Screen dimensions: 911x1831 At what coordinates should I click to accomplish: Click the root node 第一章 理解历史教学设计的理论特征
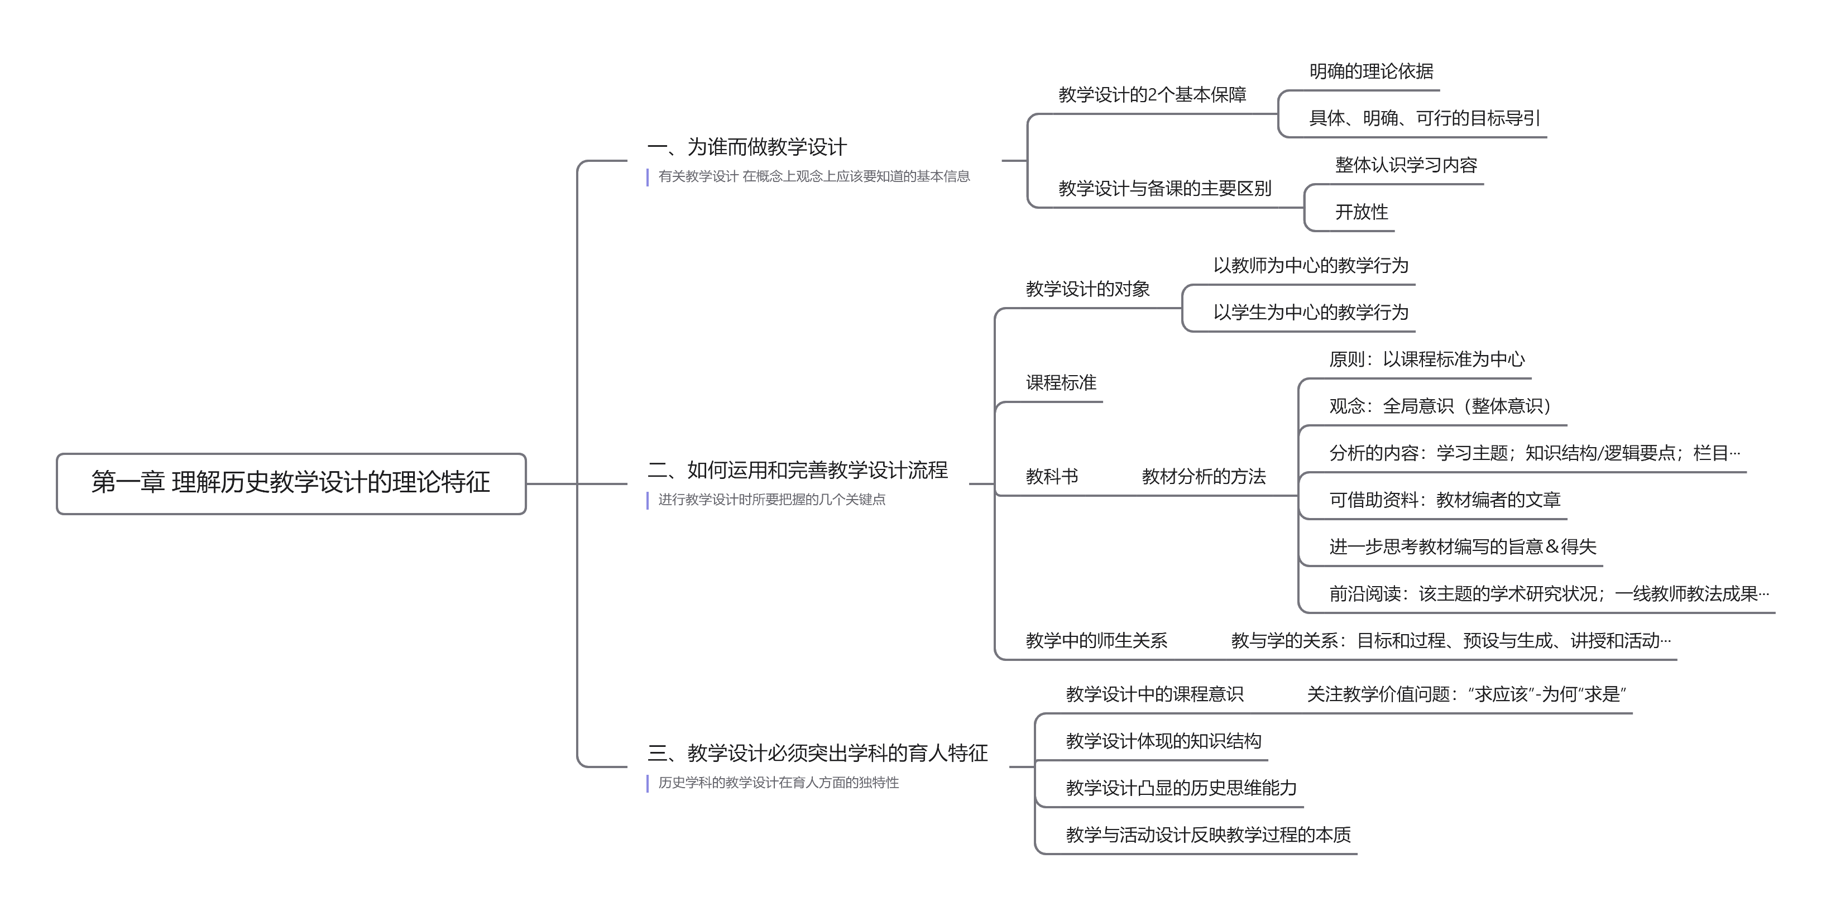(x=291, y=482)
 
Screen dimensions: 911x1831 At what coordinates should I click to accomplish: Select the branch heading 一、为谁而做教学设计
(x=746, y=147)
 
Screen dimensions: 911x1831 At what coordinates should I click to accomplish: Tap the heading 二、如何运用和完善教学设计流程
(x=797, y=469)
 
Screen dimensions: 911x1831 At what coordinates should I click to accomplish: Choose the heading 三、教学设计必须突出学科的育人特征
(x=817, y=752)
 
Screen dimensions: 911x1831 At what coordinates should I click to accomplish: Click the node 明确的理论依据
(x=1370, y=71)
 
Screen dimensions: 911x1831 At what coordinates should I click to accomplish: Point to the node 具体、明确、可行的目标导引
(x=1423, y=118)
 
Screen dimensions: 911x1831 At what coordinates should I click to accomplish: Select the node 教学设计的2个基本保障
(x=1152, y=94)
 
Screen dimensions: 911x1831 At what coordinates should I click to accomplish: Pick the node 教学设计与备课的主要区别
(x=1164, y=188)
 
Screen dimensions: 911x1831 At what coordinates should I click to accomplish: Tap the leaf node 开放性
(x=1361, y=212)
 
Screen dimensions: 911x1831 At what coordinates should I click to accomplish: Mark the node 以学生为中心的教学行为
(x=1310, y=312)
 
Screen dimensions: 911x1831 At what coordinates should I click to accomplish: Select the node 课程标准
(x=1061, y=383)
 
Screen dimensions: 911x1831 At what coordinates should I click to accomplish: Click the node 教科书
(x=1051, y=476)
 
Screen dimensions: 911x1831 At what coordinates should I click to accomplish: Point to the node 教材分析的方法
(x=1204, y=476)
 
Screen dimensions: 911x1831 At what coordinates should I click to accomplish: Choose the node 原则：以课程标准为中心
(x=1426, y=359)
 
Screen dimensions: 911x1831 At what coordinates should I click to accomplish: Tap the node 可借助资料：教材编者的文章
(x=1444, y=500)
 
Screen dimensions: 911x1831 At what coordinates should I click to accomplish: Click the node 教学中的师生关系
(x=1096, y=640)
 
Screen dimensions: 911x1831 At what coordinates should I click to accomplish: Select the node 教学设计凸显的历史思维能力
(x=1181, y=787)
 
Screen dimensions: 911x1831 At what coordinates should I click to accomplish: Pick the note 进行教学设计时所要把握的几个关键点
(x=771, y=500)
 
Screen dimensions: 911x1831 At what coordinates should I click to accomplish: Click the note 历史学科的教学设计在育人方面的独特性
(x=778, y=783)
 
